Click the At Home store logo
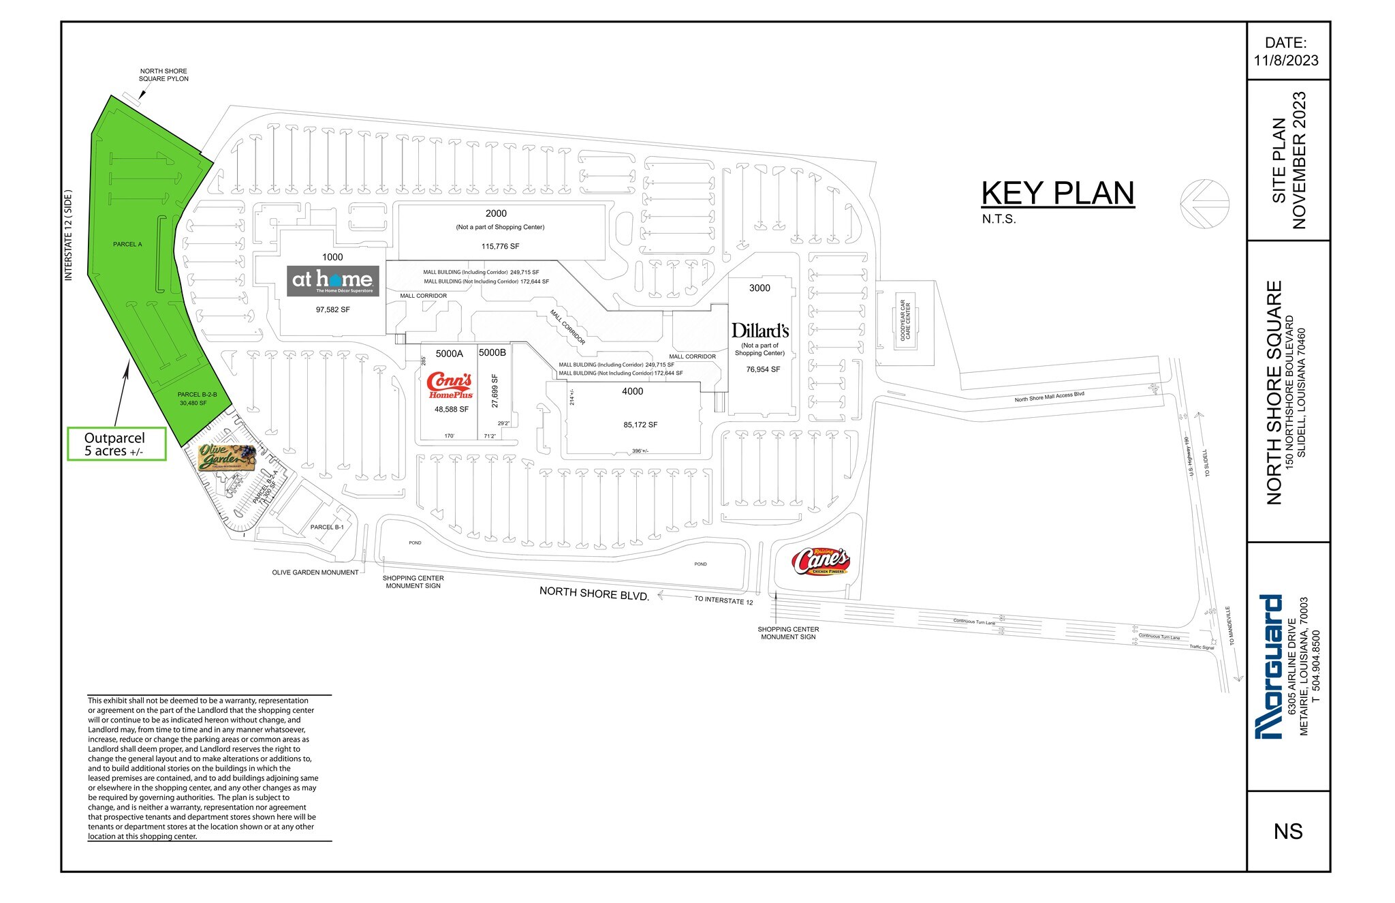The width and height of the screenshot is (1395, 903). click(x=332, y=281)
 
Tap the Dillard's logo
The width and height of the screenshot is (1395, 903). click(x=760, y=331)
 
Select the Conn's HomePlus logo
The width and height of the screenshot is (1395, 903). click(x=450, y=386)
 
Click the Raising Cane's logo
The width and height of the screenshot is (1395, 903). click(x=821, y=562)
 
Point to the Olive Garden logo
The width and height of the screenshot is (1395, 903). click(x=227, y=457)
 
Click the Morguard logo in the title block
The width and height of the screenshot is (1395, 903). click(x=1270, y=667)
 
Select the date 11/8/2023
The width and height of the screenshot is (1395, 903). click(x=1286, y=60)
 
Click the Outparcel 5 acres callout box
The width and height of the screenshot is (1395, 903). click(x=116, y=444)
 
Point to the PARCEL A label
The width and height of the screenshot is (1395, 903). click(x=127, y=244)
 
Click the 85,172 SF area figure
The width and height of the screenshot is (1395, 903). click(x=640, y=425)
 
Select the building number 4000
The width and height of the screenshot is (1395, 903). click(x=632, y=391)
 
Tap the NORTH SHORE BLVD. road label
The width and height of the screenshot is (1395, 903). click(x=594, y=593)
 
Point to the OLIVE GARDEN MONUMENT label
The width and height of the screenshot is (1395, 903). click(x=315, y=572)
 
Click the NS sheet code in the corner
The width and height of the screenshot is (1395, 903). click(x=1287, y=831)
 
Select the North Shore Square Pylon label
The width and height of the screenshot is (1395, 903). click(x=163, y=75)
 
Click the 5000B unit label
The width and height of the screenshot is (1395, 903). click(x=492, y=352)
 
